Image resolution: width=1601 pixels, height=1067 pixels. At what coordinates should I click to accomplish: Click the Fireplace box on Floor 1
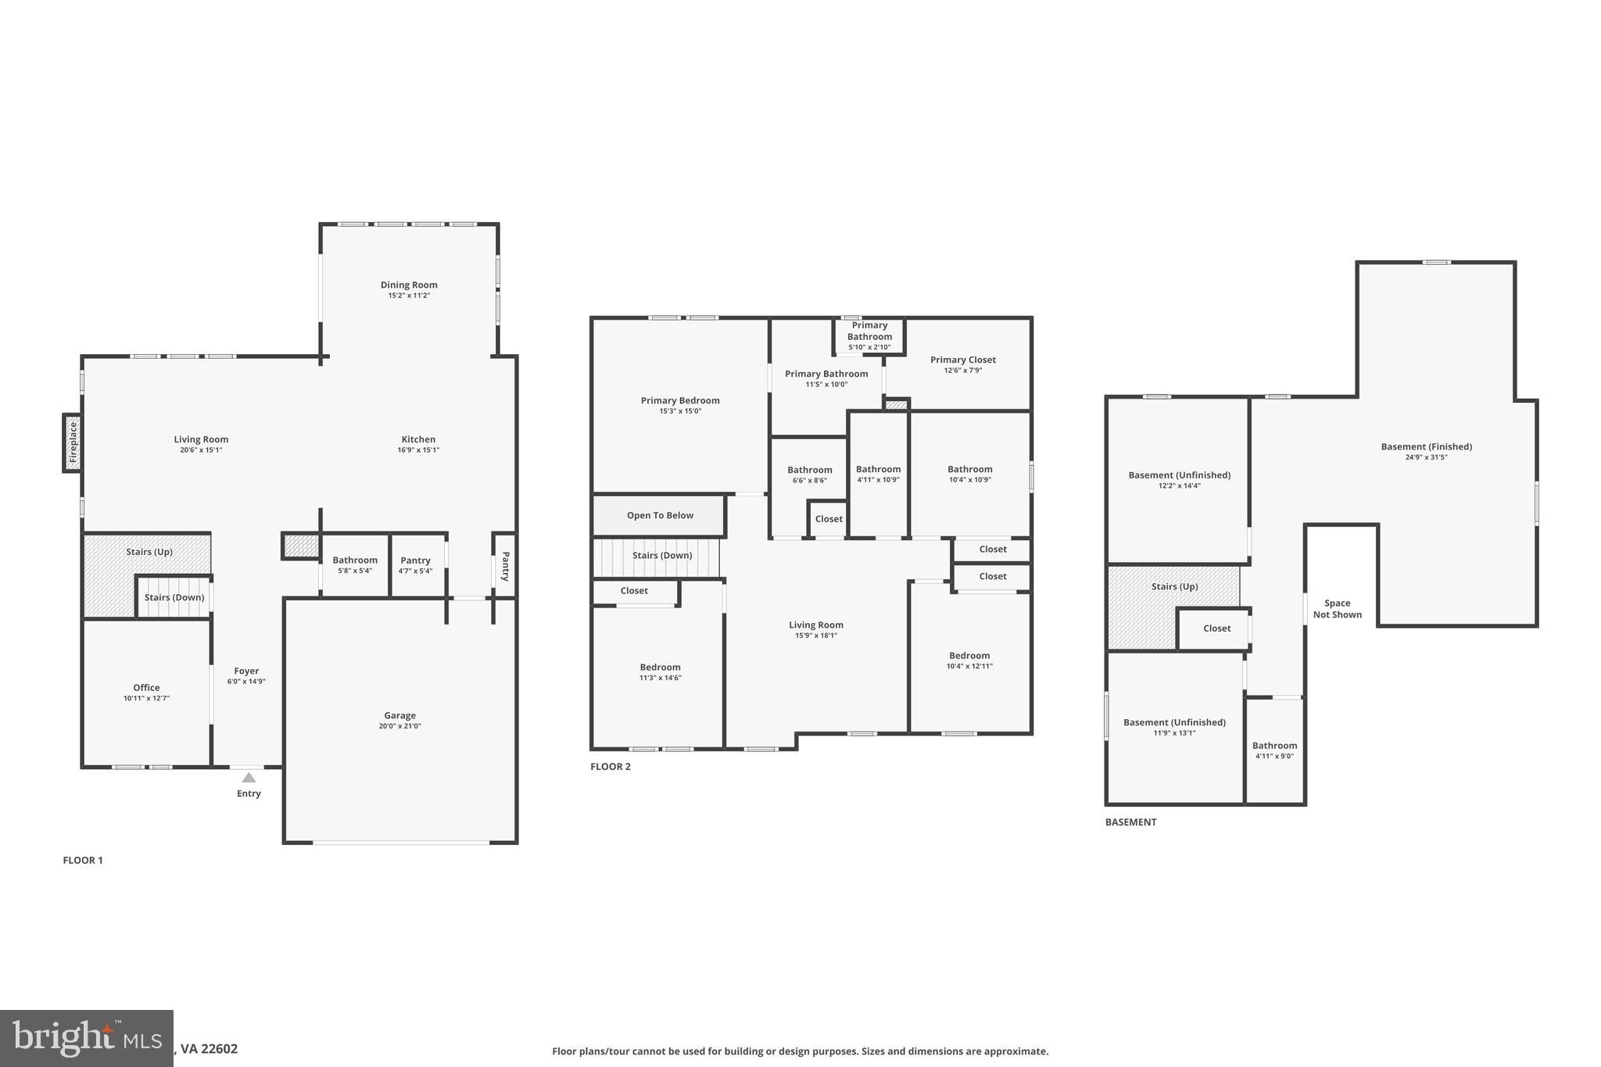[x=73, y=442]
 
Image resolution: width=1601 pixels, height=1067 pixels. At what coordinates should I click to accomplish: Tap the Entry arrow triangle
[x=249, y=778]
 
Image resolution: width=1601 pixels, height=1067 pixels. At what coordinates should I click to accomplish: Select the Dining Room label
[x=409, y=285]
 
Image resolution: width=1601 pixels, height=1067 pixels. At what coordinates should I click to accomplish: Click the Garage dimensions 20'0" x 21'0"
[x=399, y=726]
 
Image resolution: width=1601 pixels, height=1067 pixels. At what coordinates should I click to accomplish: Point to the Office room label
[x=146, y=688]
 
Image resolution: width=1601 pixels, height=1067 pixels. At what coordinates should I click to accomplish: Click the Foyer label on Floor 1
[x=246, y=671]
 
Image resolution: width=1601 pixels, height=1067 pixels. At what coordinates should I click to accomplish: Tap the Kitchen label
[x=418, y=439]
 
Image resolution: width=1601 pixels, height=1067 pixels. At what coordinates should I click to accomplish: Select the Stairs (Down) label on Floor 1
[x=174, y=598]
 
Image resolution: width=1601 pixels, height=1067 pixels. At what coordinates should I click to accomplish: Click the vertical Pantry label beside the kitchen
[x=505, y=566]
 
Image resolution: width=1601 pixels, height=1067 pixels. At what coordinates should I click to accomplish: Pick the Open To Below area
[x=660, y=516]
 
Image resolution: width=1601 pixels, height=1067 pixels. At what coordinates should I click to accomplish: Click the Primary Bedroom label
[x=680, y=401]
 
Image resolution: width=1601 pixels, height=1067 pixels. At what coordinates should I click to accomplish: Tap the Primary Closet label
[x=962, y=360]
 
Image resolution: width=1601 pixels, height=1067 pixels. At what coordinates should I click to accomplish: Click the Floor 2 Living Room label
[x=815, y=625]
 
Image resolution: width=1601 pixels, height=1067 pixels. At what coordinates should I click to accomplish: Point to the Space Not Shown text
[x=1337, y=609]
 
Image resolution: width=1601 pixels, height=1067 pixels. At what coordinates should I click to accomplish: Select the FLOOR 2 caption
[x=610, y=767]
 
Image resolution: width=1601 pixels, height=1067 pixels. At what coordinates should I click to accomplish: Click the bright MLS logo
[x=86, y=1038]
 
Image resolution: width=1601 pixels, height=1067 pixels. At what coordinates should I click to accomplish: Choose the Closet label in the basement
[x=1216, y=628]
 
